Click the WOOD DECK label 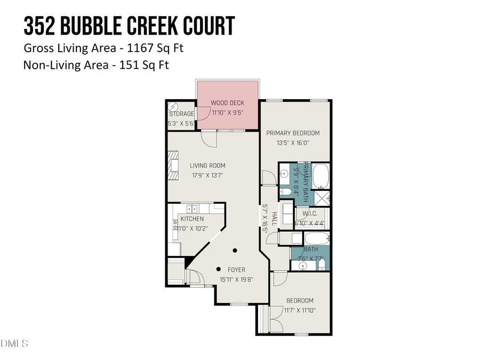228,102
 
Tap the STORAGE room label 181,114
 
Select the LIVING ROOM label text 208,165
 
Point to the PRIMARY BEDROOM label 293,133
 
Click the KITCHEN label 192,219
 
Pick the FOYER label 236,270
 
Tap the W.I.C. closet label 310,214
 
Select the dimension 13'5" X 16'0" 292,142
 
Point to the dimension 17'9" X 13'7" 207,174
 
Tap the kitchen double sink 193,209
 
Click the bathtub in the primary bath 322,177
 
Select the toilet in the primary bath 285,191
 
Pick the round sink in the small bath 303,265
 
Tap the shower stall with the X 322,198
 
